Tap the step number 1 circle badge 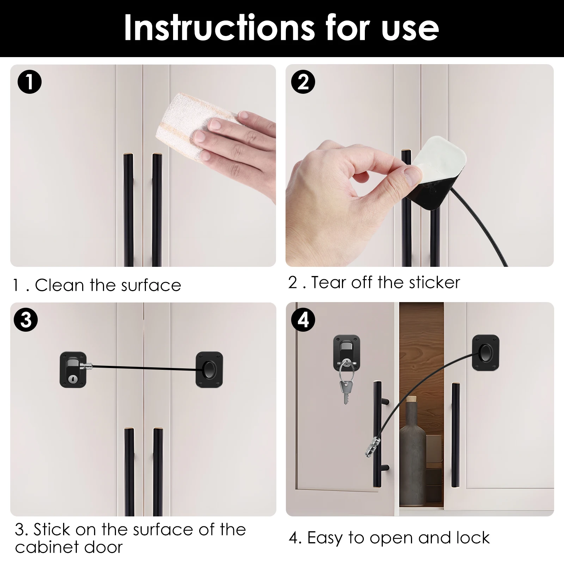[x=30, y=82]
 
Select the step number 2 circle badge [x=303, y=82]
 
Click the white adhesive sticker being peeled [x=441, y=159]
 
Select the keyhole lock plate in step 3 [x=73, y=369]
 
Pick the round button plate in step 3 [x=209, y=369]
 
